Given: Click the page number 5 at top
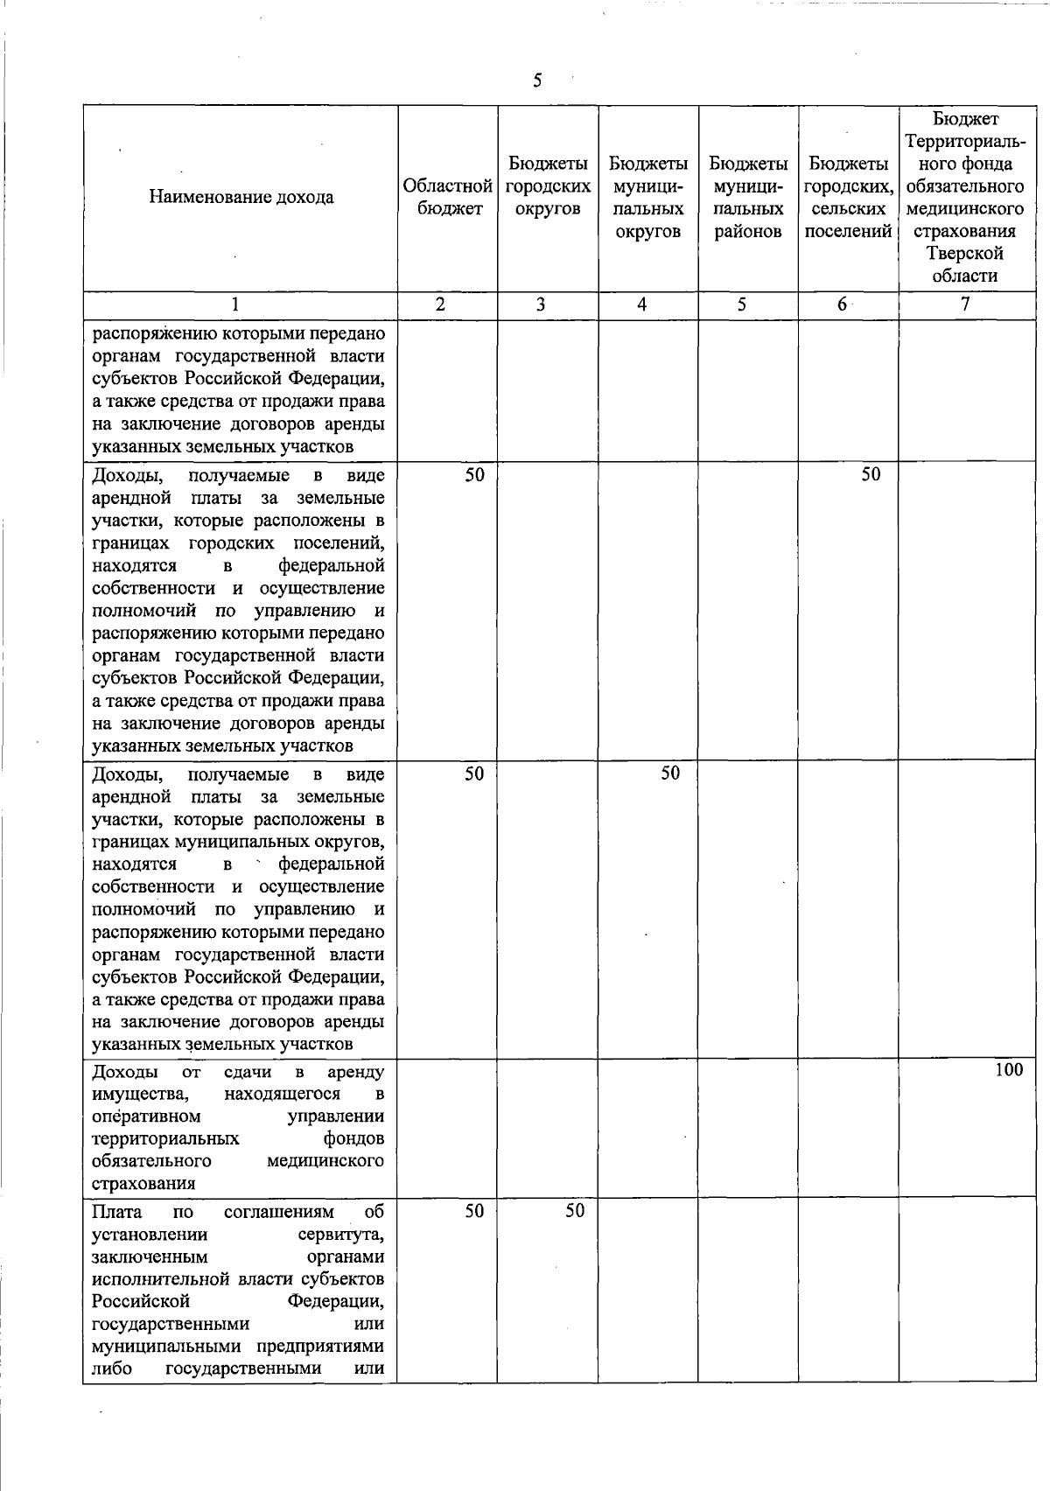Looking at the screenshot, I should coord(536,81).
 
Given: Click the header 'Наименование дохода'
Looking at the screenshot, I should coord(241,198).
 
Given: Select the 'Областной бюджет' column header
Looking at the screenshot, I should coord(447,198).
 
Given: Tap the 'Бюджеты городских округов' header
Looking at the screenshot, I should coord(548,186).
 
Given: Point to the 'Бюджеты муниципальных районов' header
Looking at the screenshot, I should coord(748,198).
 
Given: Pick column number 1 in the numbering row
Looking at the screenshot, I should coord(234,305).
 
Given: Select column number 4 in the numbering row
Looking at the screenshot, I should coord(642,305).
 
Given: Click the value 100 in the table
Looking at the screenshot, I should coord(1008,1069).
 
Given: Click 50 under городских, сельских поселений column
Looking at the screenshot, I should coord(871,474).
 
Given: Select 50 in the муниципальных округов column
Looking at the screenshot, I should coord(670,773).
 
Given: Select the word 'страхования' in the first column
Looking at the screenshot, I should coord(143,1184).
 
